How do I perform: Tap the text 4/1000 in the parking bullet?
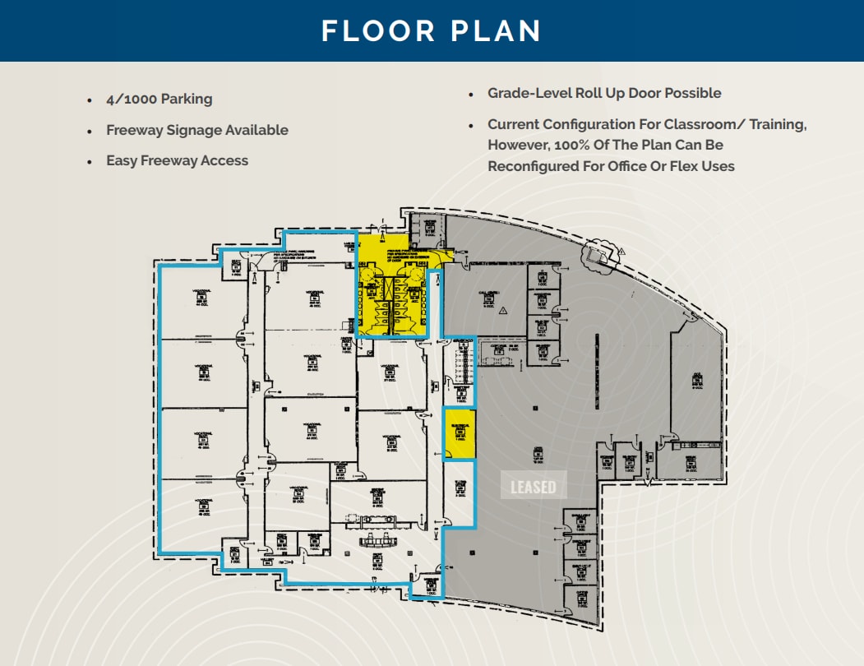[132, 99]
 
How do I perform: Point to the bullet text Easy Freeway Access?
[177, 161]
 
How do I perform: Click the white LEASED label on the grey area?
[533, 487]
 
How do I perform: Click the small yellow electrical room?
[460, 432]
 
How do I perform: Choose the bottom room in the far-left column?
[202, 515]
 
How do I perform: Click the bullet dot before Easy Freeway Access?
[90, 162]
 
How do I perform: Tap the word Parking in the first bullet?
[187, 99]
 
